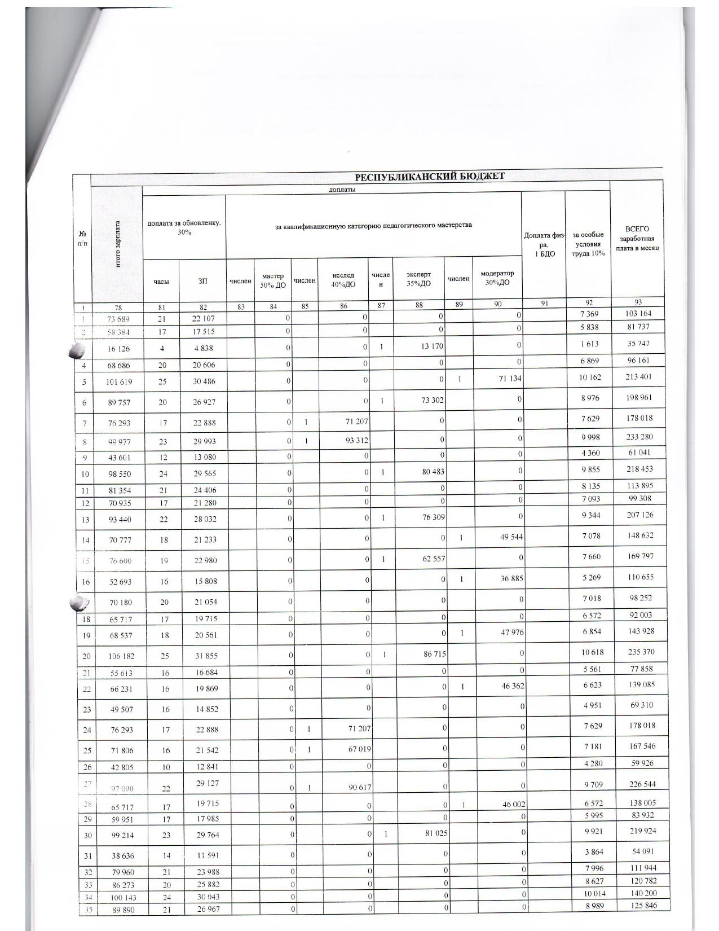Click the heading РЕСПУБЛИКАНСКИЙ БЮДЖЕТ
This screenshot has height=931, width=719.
(429, 175)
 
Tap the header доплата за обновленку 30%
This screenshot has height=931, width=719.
(184, 227)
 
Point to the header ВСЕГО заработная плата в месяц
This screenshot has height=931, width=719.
(637, 239)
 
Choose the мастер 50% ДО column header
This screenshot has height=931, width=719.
(272, 280)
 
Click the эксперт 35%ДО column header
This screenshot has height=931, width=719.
(418, 279)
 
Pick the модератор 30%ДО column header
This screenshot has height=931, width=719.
(497, 278)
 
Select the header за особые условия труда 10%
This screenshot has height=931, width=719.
(588, 244)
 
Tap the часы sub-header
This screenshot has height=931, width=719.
(161, 281)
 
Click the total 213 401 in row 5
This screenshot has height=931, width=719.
(638, 377)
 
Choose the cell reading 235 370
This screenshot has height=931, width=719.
(639, 652)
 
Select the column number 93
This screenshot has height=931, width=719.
(638, 302)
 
